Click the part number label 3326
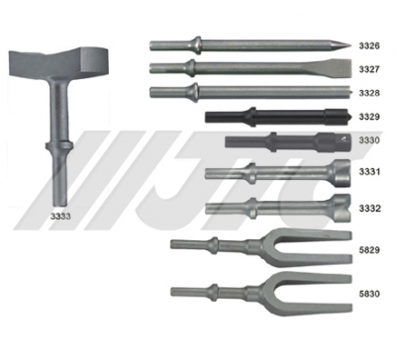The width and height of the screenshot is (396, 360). click(369, 45)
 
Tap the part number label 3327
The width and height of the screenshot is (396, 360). click(369, 69)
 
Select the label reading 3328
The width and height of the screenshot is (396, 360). click(369, 93)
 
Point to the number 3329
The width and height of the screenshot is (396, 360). click(369, 117)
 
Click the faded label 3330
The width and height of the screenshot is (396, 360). click(369, 140)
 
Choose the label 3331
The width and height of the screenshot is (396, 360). click(369, 172)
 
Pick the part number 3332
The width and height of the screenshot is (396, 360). click(369, 209)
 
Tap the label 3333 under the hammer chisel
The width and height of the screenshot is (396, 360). click(60, 217)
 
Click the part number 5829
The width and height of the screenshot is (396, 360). click(369, 250)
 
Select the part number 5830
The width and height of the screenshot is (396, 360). click(369, 293)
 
